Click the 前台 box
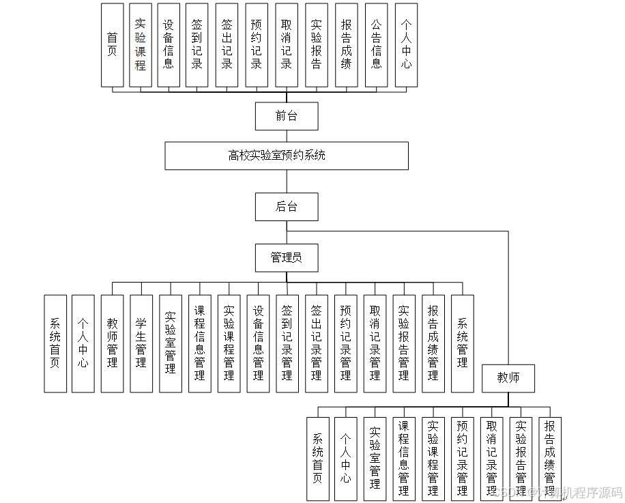pyautogui.click(x=287, y=116)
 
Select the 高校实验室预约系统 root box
pyautogui.click(x=287, y=156)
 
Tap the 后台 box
pyautogui.click(x=287, y=207)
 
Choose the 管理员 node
pyautogui.click(x=287, y=257)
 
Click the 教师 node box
pyautogui.click(x=508, y=377)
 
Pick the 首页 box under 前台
pyautogui.click(x=113, y=45)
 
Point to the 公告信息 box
pyautogui.click(x=376, y=45)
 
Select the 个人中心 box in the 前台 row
pyautogui.click(x=406, y=45)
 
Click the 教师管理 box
pyautogui.click(x=112, y=343)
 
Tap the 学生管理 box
pyautogui.click(x=141, y=343)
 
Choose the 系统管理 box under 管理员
pyautogui.click(x=463, y=343)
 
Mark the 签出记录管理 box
pyautogui.click(x=317, y=343)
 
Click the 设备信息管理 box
pyautogui.click(x=258, y=343)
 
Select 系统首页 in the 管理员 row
pyautogui.click(x=55, y=343)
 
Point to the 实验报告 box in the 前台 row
pyautogui.click(x=317, y=45)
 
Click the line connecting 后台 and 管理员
pyautogui.click(x=287, y=232)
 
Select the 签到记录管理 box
pyautogui.click(x=287, y=343)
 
